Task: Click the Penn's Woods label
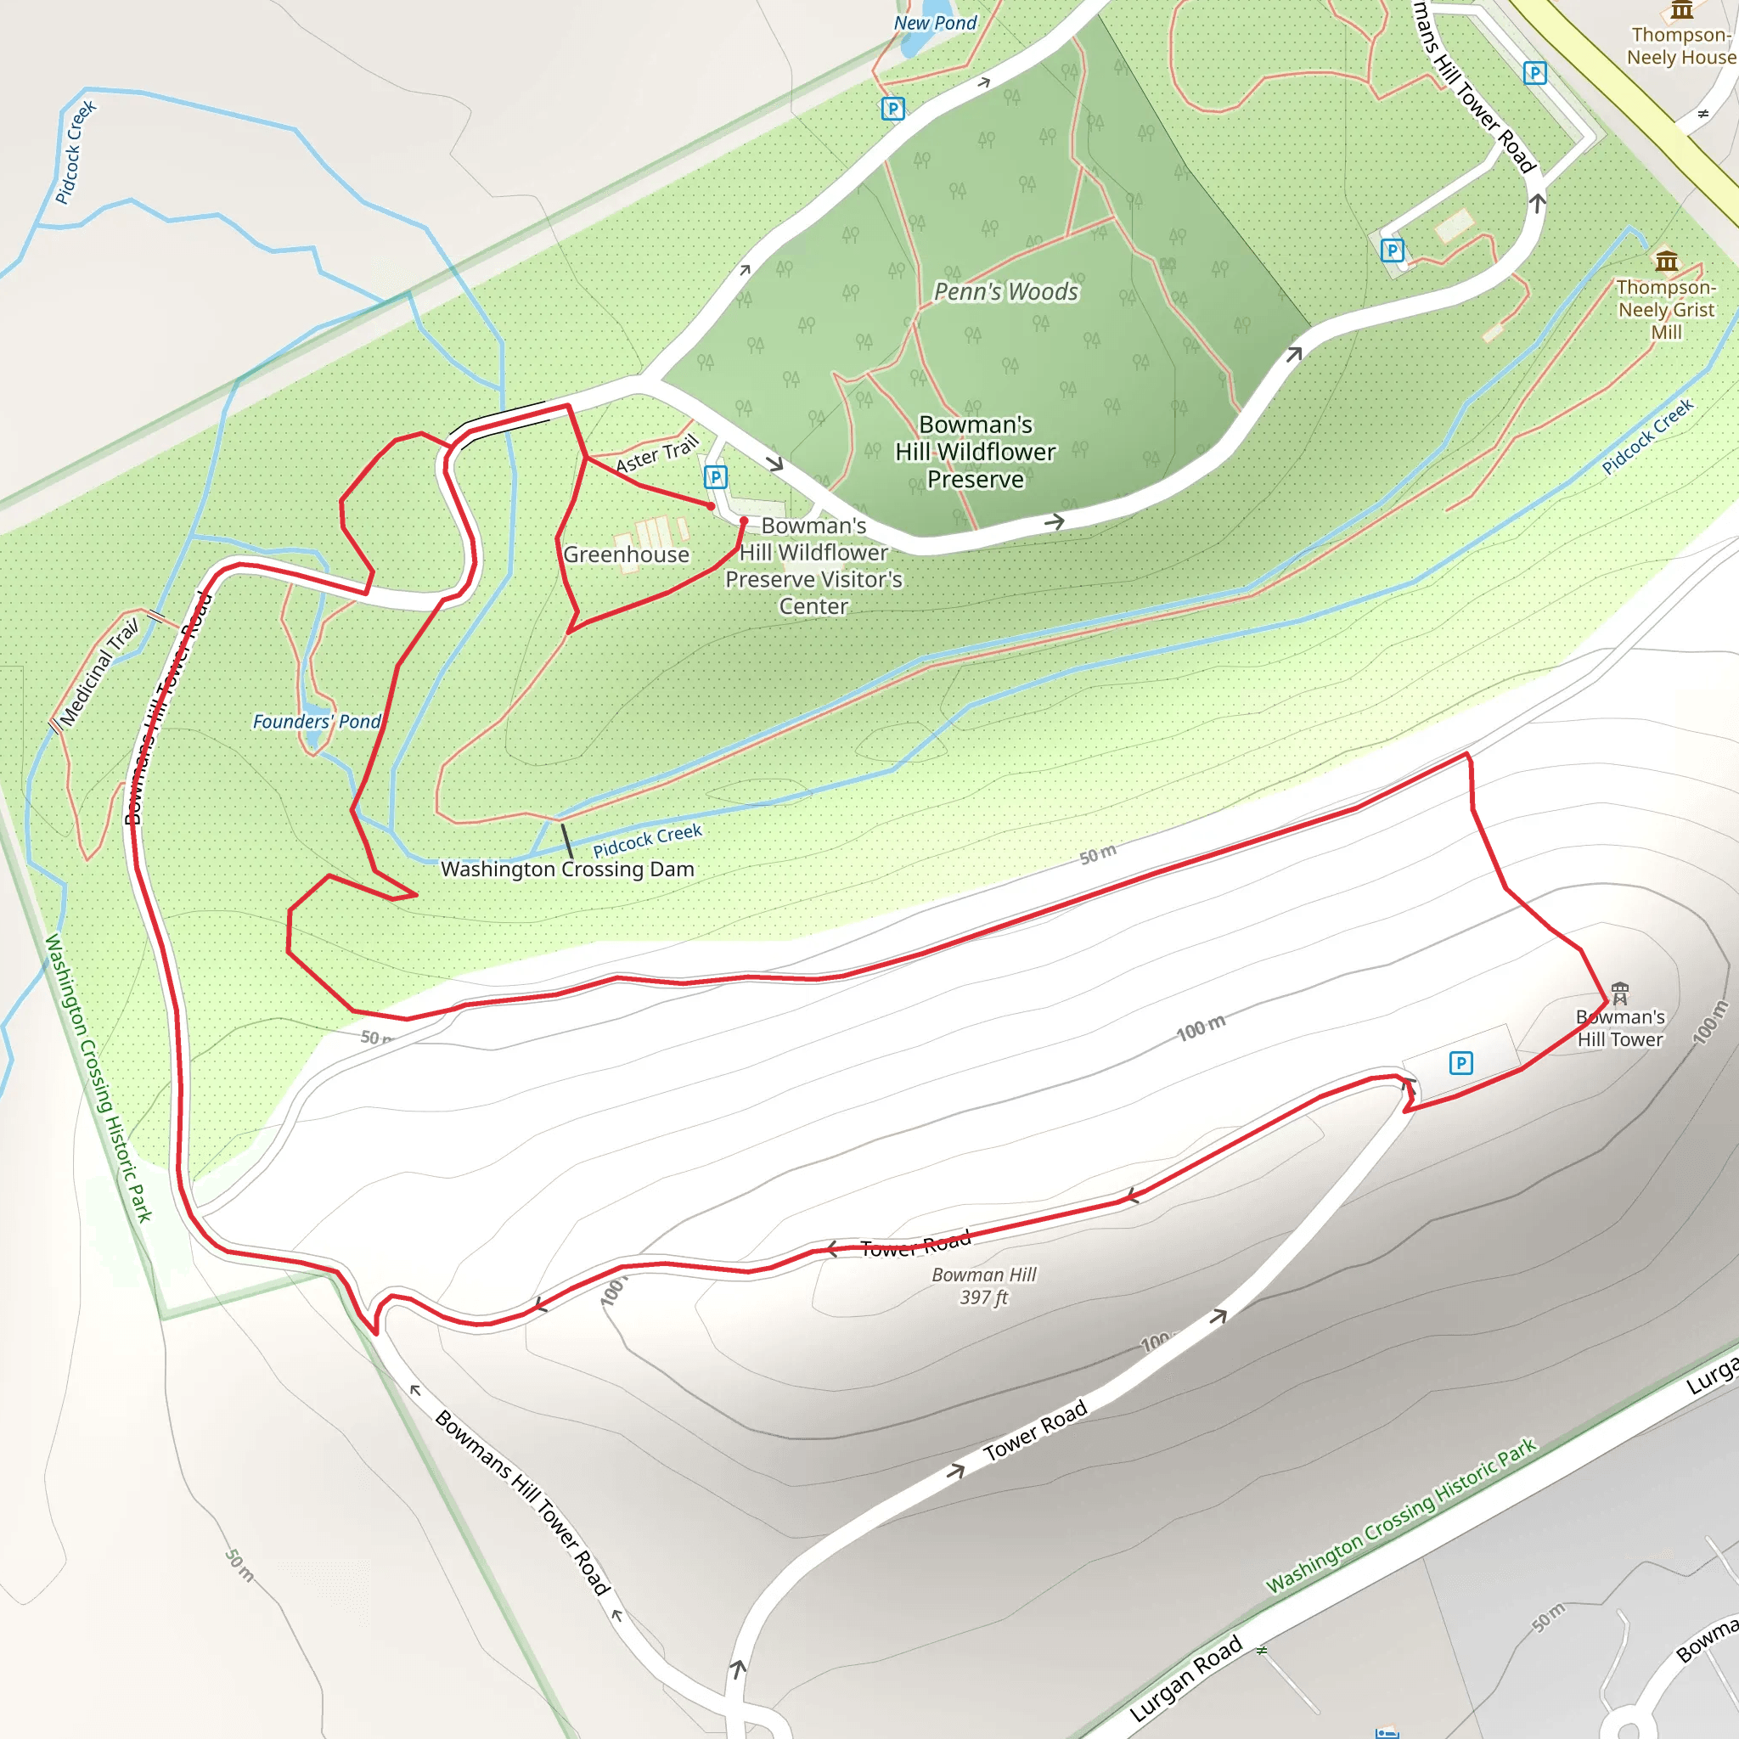[x=1005, y=291]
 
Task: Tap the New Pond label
[x=934, y=24]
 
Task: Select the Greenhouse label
[x=627, y=554]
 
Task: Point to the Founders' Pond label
[x=316, y=722]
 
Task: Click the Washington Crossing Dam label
[x=567, y=869]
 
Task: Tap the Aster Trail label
[x=657, y=453]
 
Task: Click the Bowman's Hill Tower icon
[x=1620, y=993]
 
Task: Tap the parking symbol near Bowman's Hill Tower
[x=1460, y=1063]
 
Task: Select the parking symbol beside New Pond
[x=892, y=109]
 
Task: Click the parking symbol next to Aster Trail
[x=716, y=477]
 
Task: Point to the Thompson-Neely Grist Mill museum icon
[x=1667, y=261]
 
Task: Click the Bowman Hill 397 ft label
[x=984, y=1286]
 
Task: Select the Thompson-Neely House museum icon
[x=1681, y=10]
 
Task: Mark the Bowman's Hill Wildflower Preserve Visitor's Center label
[x=813, y=566]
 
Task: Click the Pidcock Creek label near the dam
[x=647, y=840]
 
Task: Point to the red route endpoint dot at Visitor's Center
[x=744, y=521]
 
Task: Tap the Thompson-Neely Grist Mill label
[x=1666, y=310]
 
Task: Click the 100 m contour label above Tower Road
[x=1201, y=1028]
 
